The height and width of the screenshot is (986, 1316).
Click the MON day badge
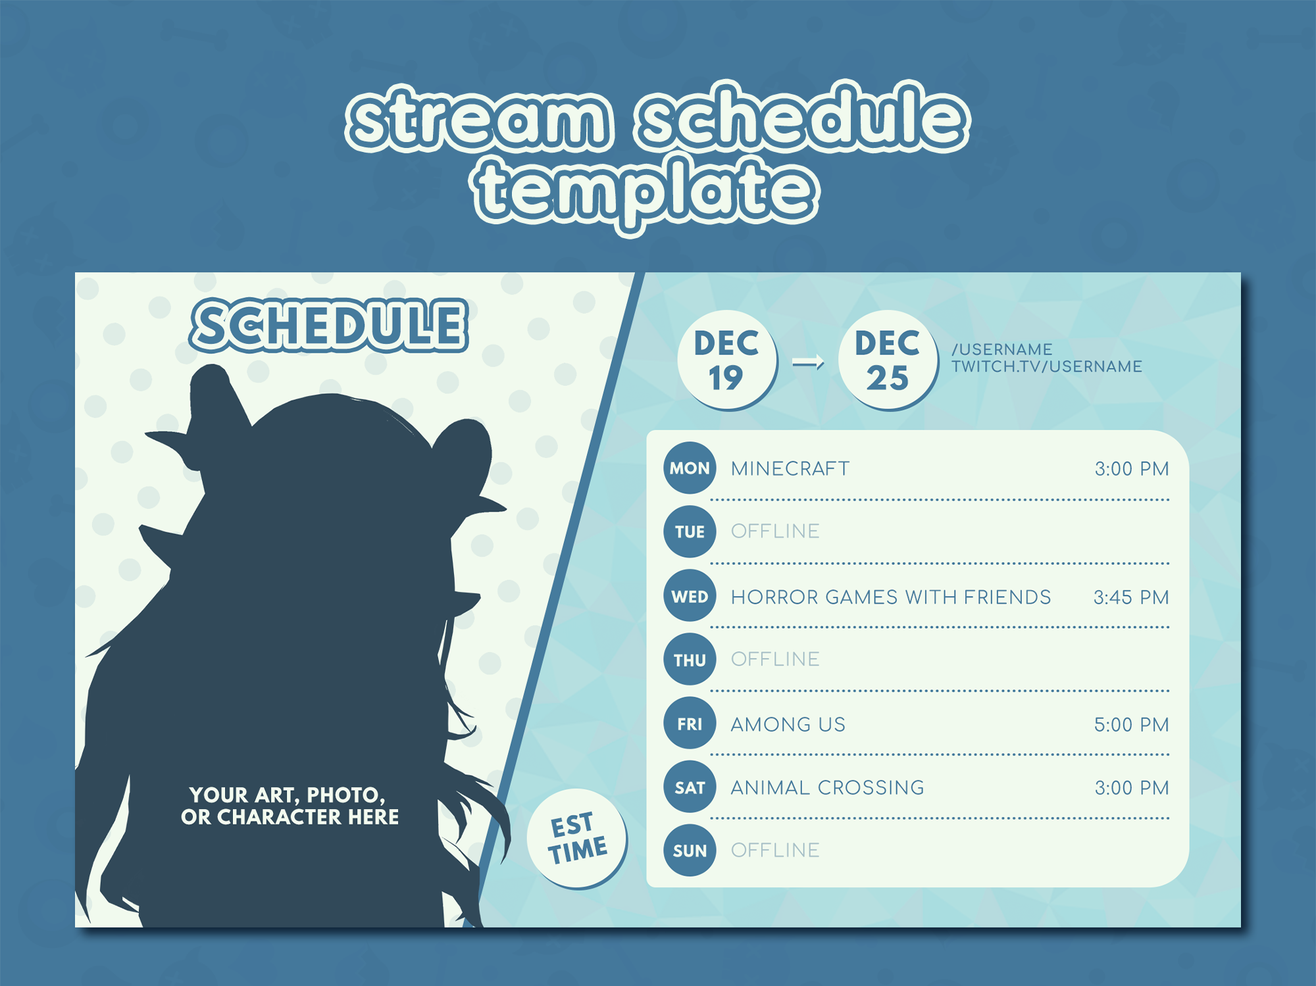click(690, 468)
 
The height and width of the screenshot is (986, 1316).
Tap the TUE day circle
click(690, 531)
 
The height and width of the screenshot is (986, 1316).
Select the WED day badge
click(690, 596)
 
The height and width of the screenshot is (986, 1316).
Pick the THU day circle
click(690, 660)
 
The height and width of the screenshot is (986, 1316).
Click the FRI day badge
click(690, 724)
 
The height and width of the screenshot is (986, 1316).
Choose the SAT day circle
click(690, 787)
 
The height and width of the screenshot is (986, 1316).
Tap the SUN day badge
click(690, 850)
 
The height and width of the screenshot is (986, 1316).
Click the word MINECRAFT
click(790, 468)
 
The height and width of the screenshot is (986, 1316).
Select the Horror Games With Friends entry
click(891, 597)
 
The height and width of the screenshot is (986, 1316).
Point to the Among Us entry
click(788, 725)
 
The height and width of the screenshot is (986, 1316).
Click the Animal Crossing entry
click(828, 787)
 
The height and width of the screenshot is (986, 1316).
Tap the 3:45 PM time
click(1131, 597)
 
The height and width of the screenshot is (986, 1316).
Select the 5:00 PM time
click(1131, 725)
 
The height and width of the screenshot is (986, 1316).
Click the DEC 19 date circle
click(727, 360)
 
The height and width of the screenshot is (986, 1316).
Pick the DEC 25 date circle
click(888, 360)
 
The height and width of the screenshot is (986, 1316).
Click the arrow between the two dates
click(808, 362)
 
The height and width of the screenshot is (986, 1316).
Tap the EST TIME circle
click(577, 839)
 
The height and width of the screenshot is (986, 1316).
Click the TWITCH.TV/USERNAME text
click(1047, 366)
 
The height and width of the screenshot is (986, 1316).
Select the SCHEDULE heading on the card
click(329, 325)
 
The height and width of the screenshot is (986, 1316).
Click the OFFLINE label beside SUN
click(775, 850)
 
